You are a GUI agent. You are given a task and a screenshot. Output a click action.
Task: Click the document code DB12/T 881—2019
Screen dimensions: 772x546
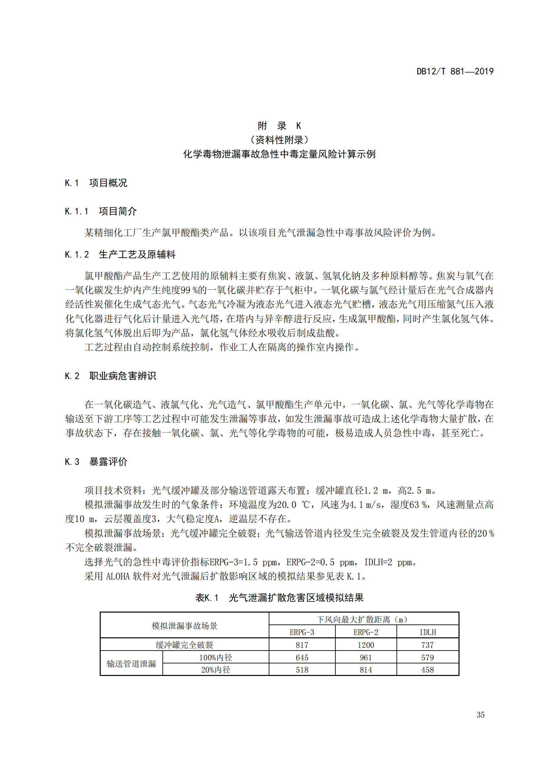(x=455, y=71)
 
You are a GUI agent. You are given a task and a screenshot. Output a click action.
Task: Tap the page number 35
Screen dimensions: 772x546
(x=480, y=715)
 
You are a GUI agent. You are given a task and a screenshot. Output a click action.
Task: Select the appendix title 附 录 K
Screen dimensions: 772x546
(x=279, y=126)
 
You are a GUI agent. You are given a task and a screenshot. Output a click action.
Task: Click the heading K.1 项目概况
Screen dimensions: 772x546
(x=96, y=183)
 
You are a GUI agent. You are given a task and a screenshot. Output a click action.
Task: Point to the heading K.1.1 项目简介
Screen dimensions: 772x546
(x=101, y=211)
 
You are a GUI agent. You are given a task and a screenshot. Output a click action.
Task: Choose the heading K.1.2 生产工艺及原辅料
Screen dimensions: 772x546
(x=120, y=254)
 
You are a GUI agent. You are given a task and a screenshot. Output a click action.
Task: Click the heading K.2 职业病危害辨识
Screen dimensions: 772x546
(x=110, y=376)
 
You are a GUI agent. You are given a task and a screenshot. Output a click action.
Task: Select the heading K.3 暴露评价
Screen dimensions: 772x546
(x=96, y=462)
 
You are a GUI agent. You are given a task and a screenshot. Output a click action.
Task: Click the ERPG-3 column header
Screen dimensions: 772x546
(x=302, y=632)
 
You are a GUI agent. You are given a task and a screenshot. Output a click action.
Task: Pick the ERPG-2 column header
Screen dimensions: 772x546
(x=366, y=632)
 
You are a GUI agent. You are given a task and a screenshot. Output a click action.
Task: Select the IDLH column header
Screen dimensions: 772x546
(x=427, y=632)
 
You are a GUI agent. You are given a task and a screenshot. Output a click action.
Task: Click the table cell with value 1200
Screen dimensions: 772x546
(x=366, y=645)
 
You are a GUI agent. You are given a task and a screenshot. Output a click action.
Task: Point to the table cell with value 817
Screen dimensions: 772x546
(x=302, y=645)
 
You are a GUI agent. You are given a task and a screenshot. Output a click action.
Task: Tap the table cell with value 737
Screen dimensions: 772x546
(x=427, y=645)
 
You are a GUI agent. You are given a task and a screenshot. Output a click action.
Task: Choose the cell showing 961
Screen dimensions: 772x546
(x=366, y=657)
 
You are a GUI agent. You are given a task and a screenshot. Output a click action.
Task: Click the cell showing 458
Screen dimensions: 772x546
(x=427, y=670)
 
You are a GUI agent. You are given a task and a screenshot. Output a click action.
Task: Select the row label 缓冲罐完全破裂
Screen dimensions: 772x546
(x=184, y=645)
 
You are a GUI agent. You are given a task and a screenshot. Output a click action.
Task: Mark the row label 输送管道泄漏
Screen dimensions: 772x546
(x=131, y=664)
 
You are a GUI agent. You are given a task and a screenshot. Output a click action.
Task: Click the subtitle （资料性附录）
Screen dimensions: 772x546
(x=279, y=140)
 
